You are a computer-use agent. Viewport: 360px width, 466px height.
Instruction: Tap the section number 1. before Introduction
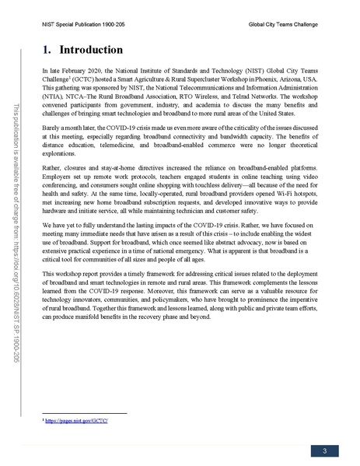47,51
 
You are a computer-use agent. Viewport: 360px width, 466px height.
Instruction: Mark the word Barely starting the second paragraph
52,124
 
